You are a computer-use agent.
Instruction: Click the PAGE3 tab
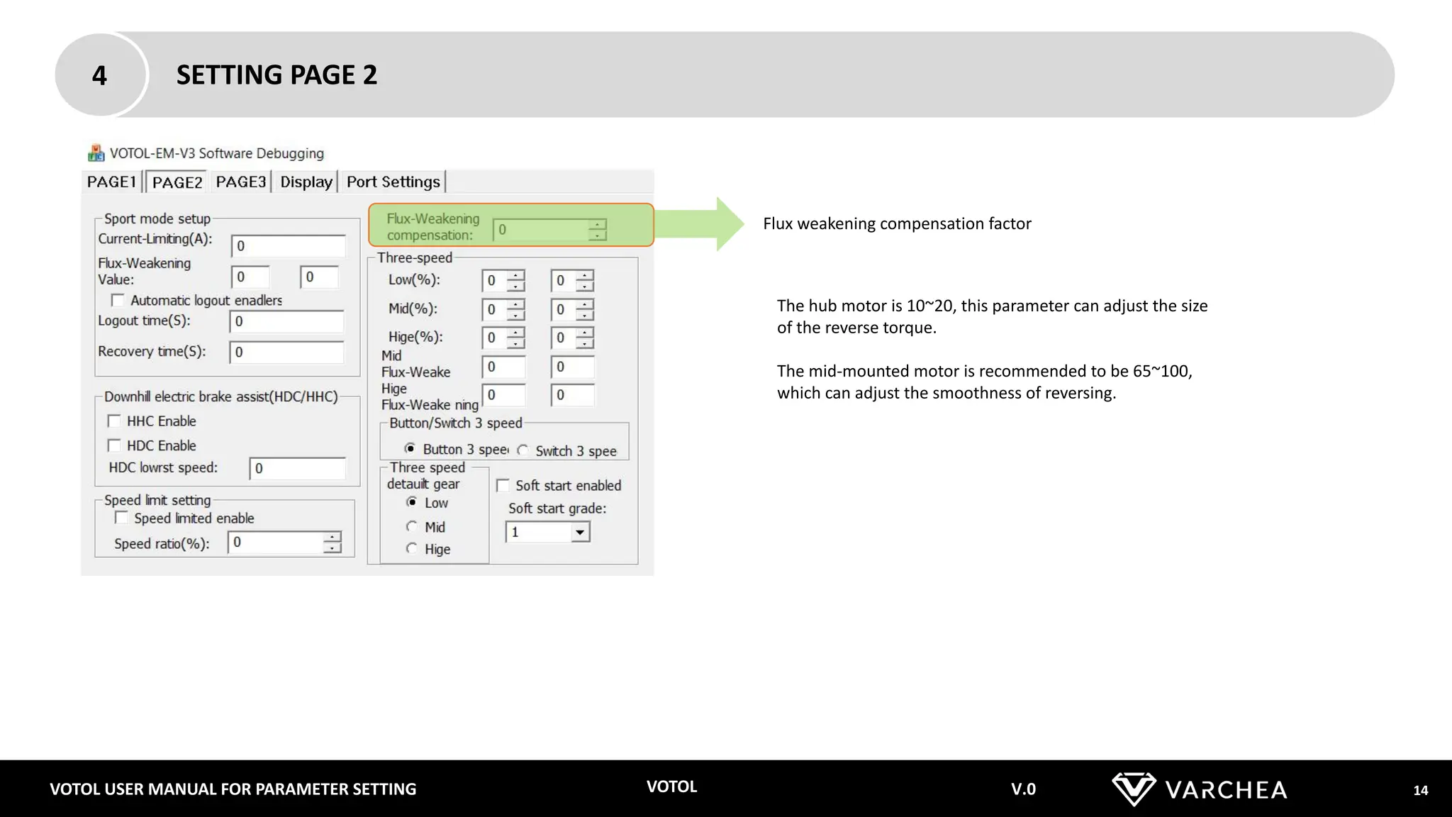click(x=241, y=182)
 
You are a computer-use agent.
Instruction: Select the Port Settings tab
click(x=393, y=182)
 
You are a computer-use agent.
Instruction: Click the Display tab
click(x=306, y=182)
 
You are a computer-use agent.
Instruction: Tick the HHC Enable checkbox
click(x=114, y=421)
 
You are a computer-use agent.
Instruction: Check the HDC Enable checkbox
click(x=114, y=445)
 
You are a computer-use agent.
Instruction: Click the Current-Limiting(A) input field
click(x=288, y=246)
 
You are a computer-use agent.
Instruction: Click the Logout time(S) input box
click(x=286, y=321)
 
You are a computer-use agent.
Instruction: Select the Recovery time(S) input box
click(x=286, y=352)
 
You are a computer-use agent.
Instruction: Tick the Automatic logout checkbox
click(x=118, y=301)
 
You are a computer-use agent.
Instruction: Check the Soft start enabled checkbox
click(x=503, y=486)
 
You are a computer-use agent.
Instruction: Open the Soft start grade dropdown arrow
click(x=580, y=532)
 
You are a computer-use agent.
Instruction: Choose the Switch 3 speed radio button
click(x=523, y=450)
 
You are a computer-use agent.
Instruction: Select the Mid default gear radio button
click(x=411, y=526)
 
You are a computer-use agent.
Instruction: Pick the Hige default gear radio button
click(x=411, y=548)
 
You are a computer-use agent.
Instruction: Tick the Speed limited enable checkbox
click(x=122, y=518)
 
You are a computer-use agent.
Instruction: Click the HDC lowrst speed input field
click(x=298, y=469)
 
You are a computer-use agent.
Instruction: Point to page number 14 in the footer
click(x=1420, y=790)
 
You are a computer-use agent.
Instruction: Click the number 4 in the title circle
click(x=99, y=75)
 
